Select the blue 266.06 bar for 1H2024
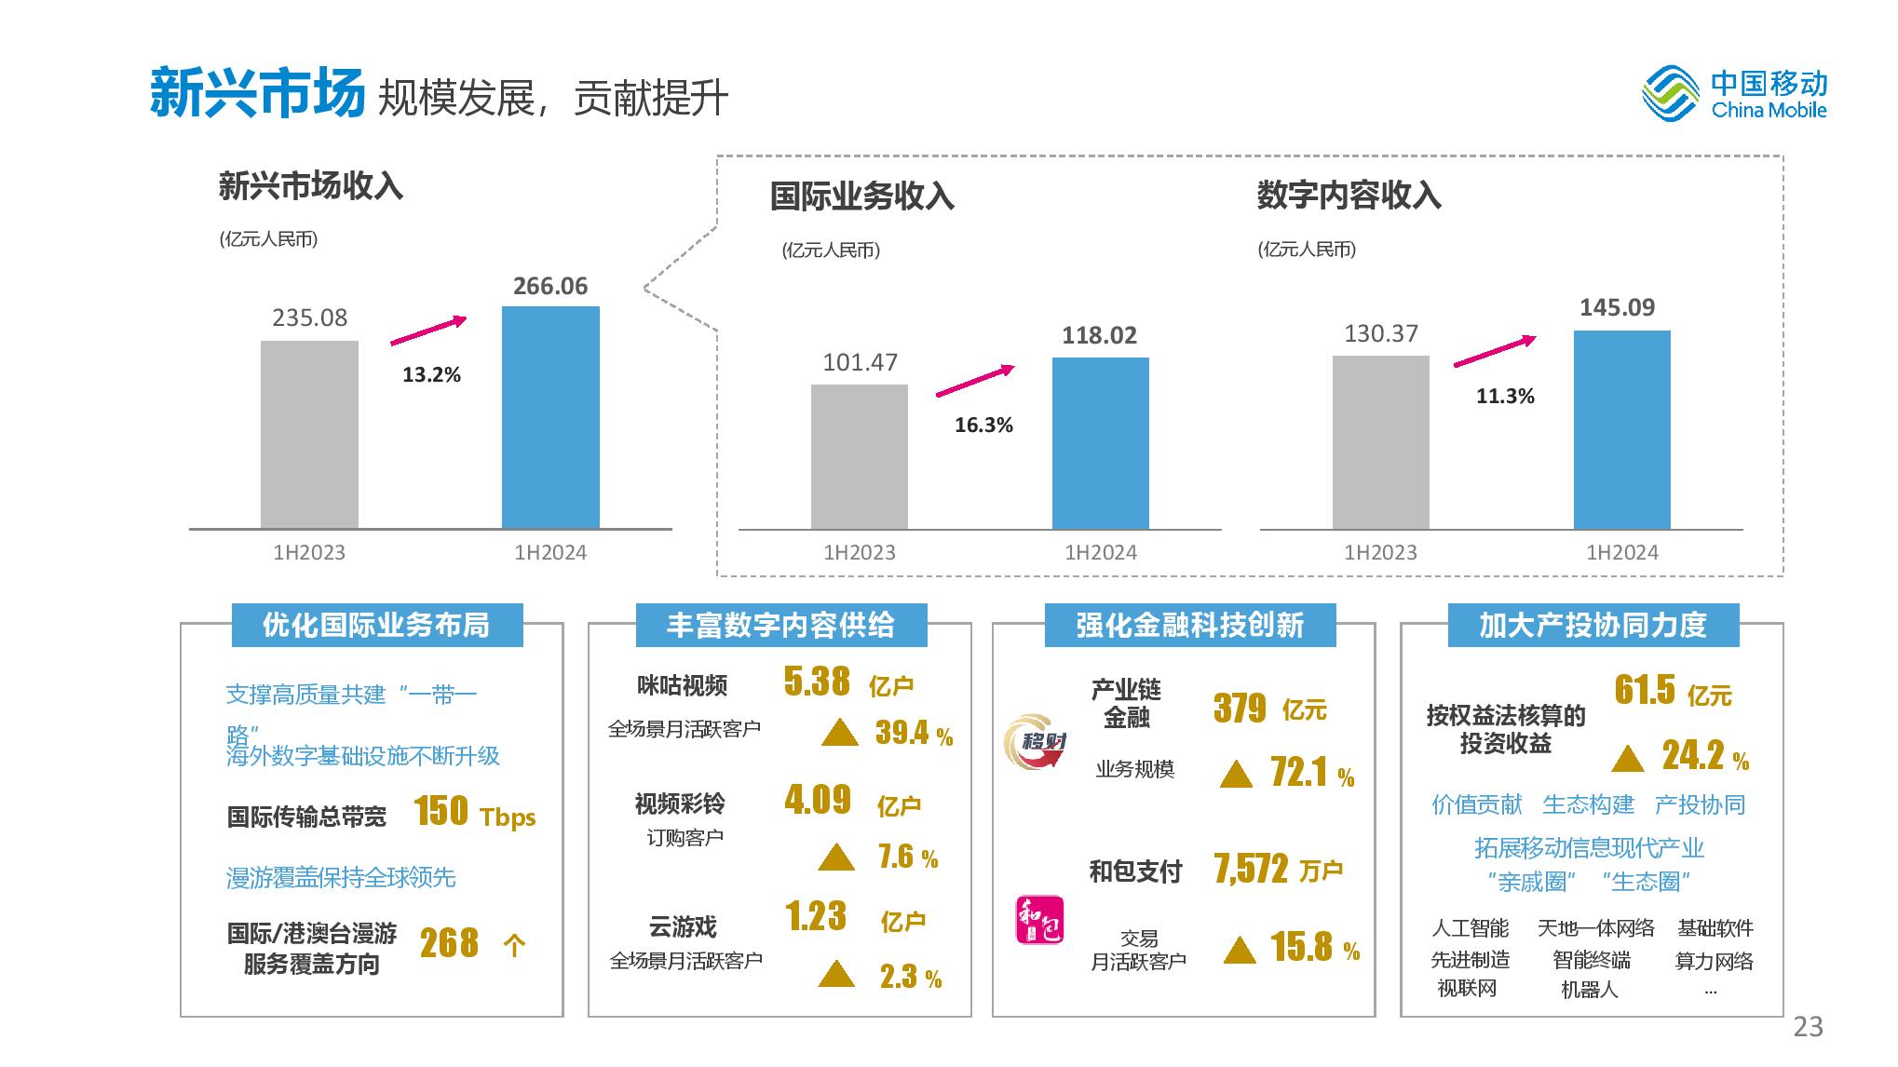pos(550,417)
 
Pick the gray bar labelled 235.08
pos(309,435)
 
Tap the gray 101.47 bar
pos(859,456)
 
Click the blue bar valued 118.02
pos(1100,443)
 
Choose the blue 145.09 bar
pos(1621,429)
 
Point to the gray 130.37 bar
pos(1380,442)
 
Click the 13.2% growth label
pos(431,374)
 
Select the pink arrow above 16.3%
pos(974,381)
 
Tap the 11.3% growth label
pos(1505,396)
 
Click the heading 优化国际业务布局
pos(376,625)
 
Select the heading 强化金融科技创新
pos(1189,625)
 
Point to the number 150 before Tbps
pos(441,811)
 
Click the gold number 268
pos(449,943)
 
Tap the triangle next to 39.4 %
pos(839,733)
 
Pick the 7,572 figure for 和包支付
pos(1251,870)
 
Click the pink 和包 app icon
pos(1038,920)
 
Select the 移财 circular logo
pos(1035,742)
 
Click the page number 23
pos(1808,1026)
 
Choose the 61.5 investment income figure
pos(1645,690)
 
